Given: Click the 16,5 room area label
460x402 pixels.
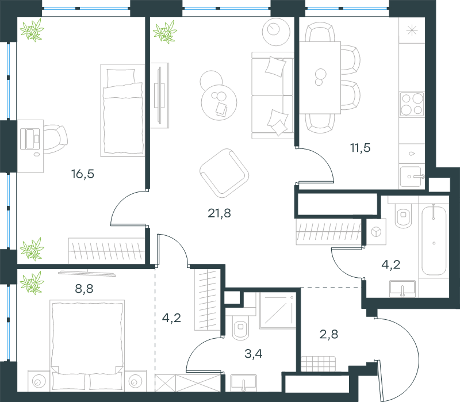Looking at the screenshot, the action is pos(82,174).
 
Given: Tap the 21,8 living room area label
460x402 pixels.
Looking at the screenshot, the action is pos(219,213).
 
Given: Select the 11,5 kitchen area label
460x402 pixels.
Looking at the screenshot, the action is pos(361,148).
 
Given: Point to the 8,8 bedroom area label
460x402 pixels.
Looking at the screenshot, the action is pos(84,289).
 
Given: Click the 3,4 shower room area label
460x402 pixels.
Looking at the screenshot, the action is pos(254,354).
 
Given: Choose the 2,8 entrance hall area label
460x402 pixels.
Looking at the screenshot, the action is pos(328,334).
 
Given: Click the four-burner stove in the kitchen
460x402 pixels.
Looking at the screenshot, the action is pos(412,104).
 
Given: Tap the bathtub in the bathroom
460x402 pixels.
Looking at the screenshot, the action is pos(434,240).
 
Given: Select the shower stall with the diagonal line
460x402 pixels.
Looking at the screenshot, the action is pos(278,311).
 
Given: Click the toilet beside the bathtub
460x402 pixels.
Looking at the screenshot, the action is pos(404,216).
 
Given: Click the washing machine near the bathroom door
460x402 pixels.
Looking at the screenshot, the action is pos(376,232).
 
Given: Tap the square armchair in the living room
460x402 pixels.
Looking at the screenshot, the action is pos(224,173).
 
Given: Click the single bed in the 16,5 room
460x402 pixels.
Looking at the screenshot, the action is pos(122,110).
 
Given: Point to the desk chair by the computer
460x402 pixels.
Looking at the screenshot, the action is pos(55,139).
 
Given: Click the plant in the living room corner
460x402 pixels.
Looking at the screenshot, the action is pos(165,32).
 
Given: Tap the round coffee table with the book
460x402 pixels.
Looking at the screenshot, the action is pos(219,102).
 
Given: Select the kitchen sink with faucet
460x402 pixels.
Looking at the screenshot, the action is pos(411,177).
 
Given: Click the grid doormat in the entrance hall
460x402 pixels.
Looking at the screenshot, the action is pos(319,364).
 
